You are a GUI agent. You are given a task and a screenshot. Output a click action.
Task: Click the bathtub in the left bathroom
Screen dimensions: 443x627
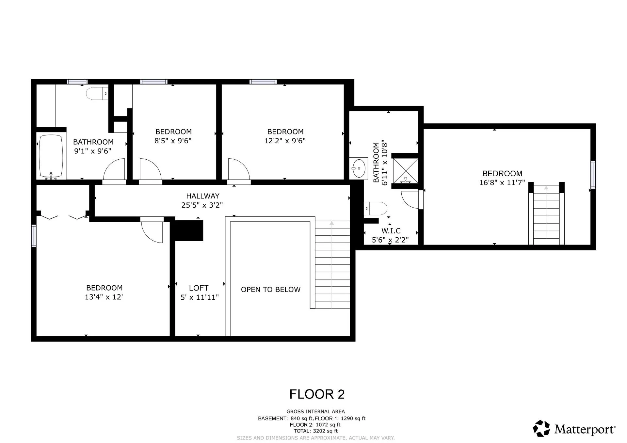51,157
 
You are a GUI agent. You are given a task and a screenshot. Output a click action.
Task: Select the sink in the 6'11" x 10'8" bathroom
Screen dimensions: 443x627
359,168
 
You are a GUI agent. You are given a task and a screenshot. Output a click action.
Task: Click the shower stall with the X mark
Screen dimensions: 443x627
405,171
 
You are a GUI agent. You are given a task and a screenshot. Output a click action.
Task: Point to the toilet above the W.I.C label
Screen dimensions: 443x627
376,209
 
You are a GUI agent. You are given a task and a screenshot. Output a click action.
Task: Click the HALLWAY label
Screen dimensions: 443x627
202,196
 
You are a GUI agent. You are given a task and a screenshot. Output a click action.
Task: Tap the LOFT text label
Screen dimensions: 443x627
199,288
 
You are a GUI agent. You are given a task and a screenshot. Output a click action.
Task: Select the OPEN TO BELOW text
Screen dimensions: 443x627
270,290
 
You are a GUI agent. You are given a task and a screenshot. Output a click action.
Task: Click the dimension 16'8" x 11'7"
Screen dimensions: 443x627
502,183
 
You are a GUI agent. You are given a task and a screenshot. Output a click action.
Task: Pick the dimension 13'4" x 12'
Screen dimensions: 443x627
104,297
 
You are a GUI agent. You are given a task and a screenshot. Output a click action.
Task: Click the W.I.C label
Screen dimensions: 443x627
391,231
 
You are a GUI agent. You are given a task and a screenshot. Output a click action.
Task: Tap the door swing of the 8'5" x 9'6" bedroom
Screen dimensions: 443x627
150,169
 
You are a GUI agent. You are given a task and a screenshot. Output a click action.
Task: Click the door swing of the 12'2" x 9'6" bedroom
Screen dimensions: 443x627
238,169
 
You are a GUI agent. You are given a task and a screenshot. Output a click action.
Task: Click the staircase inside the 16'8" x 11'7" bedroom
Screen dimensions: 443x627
546,215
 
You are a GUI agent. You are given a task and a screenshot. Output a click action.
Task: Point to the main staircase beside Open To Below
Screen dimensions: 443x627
332,264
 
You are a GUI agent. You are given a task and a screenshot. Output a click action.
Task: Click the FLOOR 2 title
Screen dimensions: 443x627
317,394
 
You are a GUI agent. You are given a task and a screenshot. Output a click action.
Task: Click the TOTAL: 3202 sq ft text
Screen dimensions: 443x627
315,431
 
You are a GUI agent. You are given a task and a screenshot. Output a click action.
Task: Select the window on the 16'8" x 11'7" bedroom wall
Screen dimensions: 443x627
593,175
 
